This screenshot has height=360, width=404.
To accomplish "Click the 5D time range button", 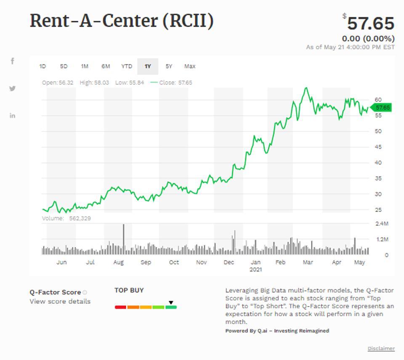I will click(64, 66).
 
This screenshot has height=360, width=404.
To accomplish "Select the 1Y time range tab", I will click(148, 66).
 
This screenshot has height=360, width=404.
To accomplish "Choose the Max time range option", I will click(190, 66).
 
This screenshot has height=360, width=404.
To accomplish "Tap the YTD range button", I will click(127, 66).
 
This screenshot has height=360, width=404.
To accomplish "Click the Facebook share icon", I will click(13, 61).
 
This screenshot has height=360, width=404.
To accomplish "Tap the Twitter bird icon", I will click(13, 88).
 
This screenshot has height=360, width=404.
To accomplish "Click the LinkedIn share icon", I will click(13, 115).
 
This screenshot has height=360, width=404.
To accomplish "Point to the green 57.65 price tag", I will click(382, 108).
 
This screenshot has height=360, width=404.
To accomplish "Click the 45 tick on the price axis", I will click(378, 147).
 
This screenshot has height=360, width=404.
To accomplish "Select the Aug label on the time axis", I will click(118, 262).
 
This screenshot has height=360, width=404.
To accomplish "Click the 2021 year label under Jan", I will click(255, 269).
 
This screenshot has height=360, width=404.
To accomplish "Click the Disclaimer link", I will click(381, 348).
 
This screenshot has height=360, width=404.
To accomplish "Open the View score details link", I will click(60, 301).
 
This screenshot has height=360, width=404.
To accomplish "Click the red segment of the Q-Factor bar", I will click(120, 307).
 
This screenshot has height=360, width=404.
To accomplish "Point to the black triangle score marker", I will click(171, 302).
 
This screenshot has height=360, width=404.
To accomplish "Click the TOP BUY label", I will click(129, 290).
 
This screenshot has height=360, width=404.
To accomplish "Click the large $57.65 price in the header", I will click(370, 24).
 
